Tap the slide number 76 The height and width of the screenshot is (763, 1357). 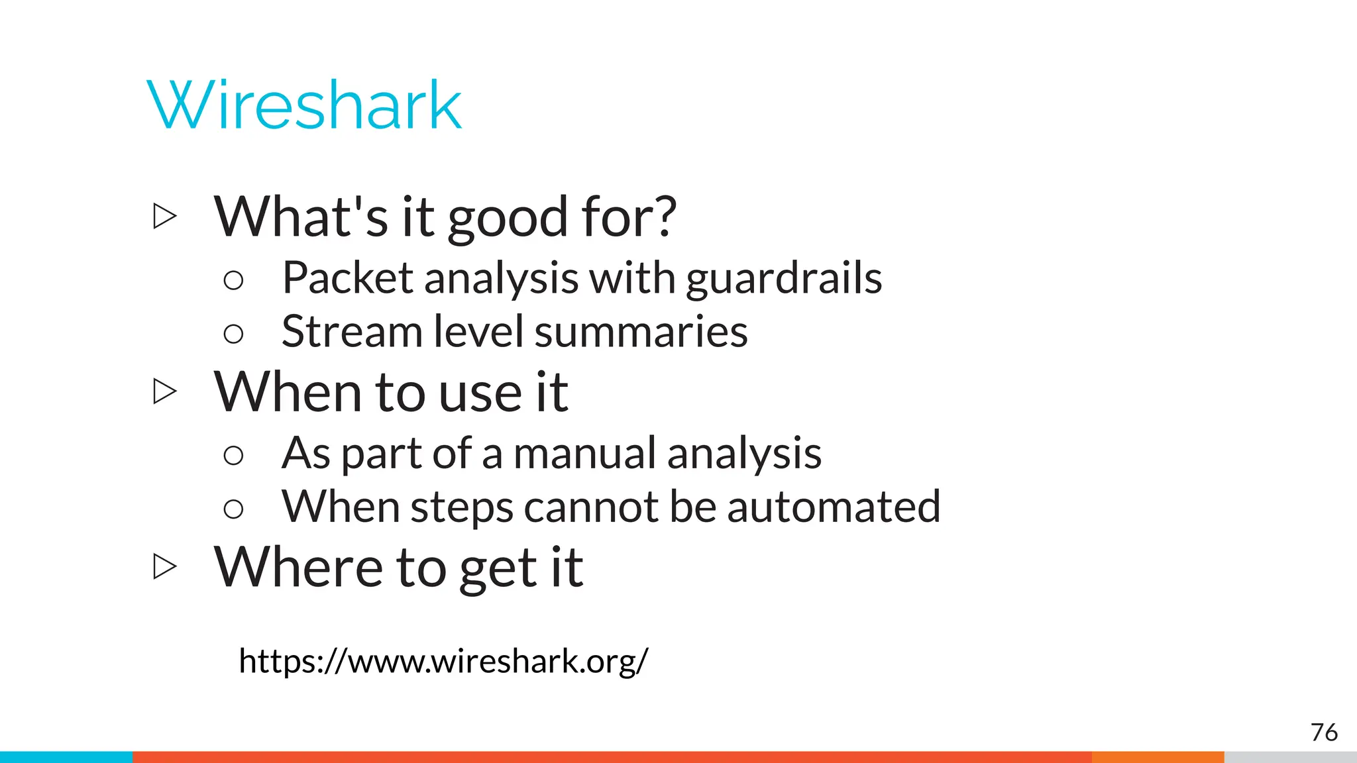pos(1324,733)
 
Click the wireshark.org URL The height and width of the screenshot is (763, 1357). pos(443,661)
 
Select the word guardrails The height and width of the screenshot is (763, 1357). pos(784,278)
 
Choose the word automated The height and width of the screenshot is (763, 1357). pos(834,507)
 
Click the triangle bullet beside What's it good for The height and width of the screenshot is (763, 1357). pos(164,216)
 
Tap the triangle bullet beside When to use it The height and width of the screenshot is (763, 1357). pos(164,391)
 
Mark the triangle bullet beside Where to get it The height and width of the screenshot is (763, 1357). pos(164,566)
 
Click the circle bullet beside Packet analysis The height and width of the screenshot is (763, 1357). pos(233,280)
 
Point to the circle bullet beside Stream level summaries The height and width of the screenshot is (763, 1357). pos(233,333)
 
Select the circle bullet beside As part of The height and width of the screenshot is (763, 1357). pos(233,455)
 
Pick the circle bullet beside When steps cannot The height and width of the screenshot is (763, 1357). pos(233,509)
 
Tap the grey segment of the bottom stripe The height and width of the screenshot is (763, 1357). pos(1290,757)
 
